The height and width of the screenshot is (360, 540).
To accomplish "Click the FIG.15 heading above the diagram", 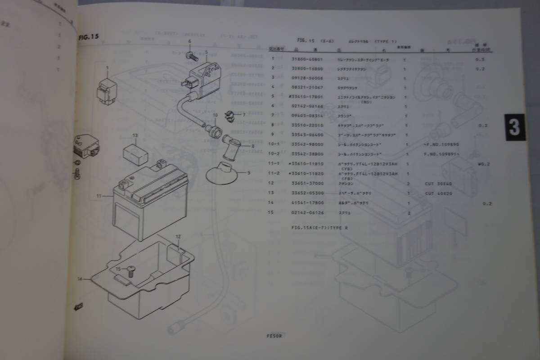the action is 88,37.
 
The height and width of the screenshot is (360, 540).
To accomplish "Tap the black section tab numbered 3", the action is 514,127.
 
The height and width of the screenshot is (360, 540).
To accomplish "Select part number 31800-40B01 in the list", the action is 304,59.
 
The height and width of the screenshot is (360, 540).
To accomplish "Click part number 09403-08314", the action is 304,116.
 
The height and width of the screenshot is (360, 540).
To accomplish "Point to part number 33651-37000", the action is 304,184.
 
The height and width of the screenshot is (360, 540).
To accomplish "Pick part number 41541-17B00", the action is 304,203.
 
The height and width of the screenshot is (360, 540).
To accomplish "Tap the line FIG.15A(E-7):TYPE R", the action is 319,228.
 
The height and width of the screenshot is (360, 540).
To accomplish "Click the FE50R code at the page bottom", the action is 274,335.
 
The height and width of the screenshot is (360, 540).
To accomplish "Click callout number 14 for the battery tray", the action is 80,279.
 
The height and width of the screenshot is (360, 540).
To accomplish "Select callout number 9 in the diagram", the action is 248,172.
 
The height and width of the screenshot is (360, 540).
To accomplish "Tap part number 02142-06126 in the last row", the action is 304,213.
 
